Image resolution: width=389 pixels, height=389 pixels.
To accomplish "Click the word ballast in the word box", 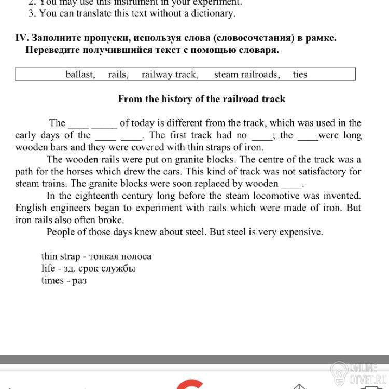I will click(x=80, y=74).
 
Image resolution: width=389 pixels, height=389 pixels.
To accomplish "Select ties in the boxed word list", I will click(x=300, y=74).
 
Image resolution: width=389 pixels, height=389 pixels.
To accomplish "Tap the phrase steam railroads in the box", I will click(x=246, y=74).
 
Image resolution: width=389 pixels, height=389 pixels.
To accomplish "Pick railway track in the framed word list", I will click(x=170, y=74).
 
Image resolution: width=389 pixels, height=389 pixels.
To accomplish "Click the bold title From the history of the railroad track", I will click(x=202, y=99).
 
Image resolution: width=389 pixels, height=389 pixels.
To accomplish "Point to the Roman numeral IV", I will click(x=21, y=38).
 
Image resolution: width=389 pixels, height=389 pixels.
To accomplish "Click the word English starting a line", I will click(x=31, y=207).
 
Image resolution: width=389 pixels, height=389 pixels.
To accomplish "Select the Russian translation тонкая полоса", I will click(x=120, y=256).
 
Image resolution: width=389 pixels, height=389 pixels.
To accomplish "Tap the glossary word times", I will click(x=52, y=280).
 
